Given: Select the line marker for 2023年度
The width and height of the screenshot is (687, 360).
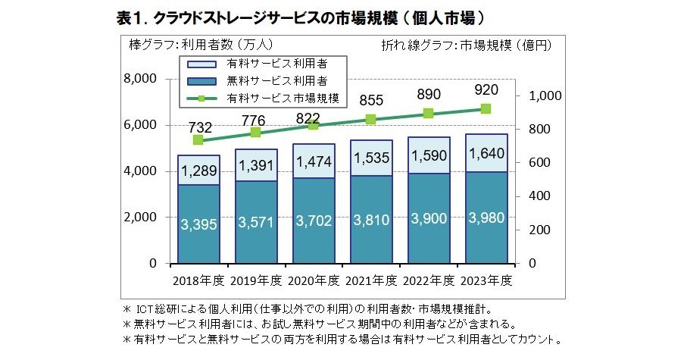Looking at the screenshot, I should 486,109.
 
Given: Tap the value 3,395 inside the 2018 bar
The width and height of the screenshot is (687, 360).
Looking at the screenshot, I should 199,224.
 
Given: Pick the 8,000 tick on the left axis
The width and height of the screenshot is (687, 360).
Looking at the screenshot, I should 141,79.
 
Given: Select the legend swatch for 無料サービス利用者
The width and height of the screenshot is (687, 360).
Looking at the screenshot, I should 202,80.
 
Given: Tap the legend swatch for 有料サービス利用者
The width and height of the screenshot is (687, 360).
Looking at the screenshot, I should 202,63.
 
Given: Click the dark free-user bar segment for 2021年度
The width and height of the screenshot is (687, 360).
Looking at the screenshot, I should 371,219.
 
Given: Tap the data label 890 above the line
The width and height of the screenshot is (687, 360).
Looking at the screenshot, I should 428,95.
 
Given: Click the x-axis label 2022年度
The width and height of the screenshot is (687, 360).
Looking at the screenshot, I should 429,280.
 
